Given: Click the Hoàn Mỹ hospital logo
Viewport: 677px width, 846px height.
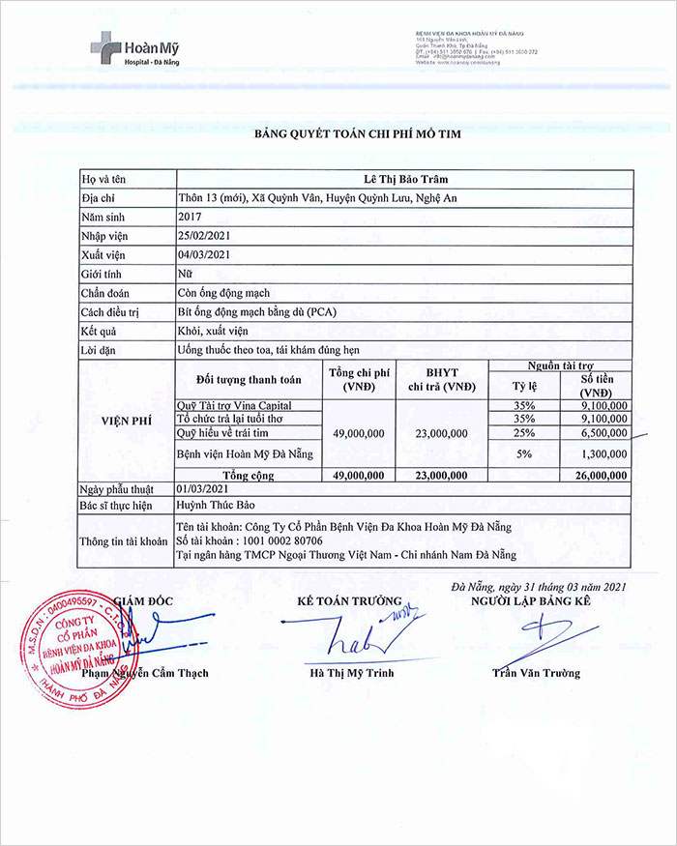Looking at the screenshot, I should (134, 48).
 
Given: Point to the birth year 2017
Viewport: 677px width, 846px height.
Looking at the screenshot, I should (190, 217).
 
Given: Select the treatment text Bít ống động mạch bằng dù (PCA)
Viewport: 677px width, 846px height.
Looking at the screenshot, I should (257, 311).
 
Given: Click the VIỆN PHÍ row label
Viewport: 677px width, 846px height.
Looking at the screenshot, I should (128, 422).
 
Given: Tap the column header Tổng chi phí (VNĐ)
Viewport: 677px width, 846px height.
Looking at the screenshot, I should (359, 379).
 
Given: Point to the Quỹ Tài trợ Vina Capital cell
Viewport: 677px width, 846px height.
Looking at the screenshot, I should (234, 406).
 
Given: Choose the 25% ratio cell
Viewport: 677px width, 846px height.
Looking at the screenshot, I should (524, 433).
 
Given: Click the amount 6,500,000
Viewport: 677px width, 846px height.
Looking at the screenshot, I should (604, 433).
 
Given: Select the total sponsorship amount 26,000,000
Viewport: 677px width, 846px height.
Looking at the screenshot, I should (601, 476).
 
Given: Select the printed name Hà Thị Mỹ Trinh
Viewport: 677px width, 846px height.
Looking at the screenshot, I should (350, 673).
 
